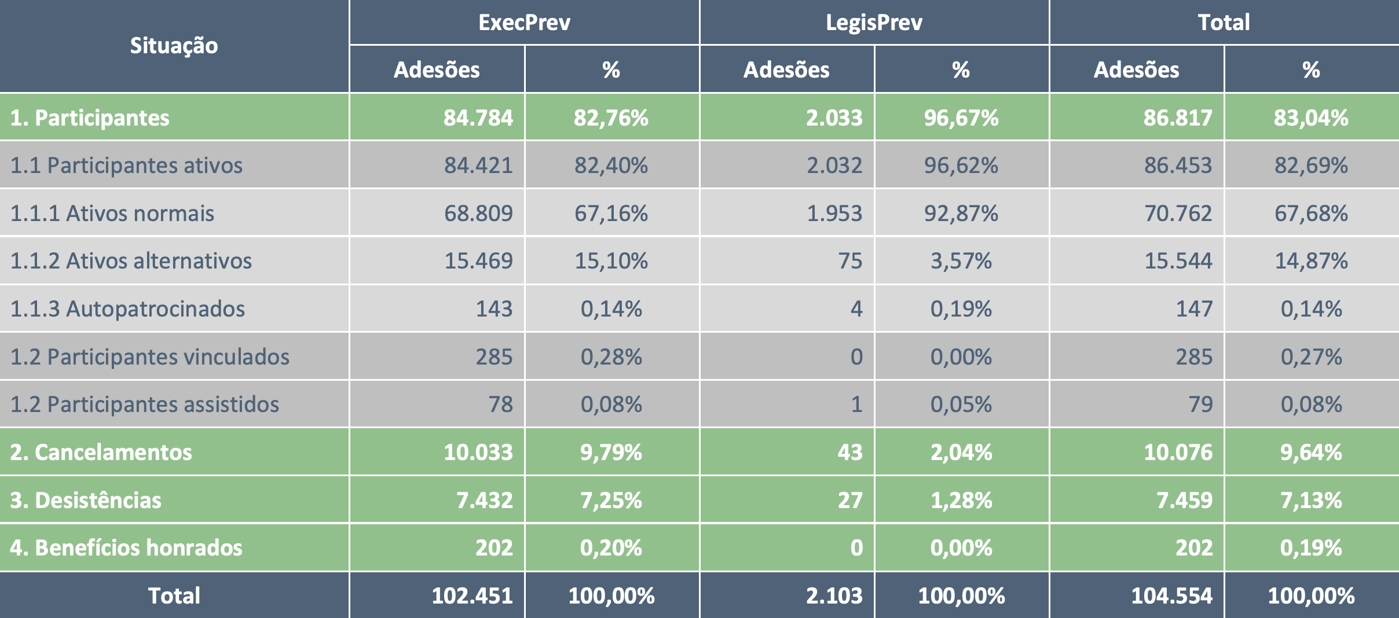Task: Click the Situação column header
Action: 174,46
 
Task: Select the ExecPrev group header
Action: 524,22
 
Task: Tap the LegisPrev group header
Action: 874,22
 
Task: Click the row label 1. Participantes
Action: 90,117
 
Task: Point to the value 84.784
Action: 478,117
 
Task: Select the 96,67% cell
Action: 961,117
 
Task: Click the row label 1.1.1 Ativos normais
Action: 112,213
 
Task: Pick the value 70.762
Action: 1177,213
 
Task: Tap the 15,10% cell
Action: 611,261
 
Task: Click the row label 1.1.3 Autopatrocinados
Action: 127,308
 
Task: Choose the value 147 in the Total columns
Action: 1193,308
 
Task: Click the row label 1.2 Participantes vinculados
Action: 150,356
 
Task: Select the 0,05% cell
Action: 961,404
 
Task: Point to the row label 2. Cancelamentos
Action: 101,452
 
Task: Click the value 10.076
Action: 1177,452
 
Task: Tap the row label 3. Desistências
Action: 86,500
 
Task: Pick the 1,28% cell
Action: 961,500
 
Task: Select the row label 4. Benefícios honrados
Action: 126,547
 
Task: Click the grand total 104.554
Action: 1171,595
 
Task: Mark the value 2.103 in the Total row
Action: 834,595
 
